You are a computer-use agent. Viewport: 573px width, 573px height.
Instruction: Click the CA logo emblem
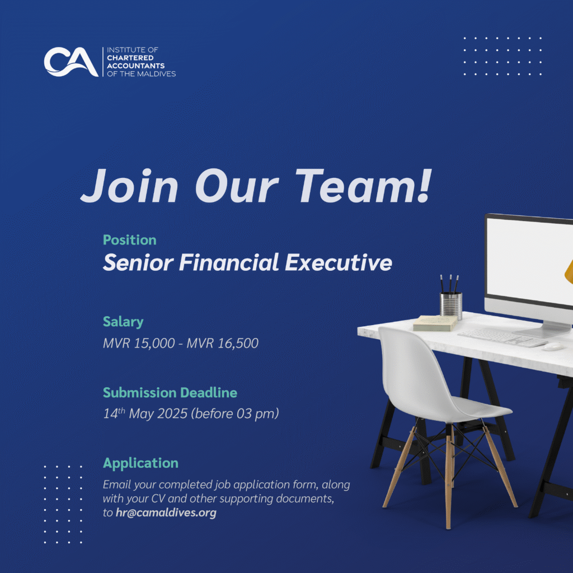71,62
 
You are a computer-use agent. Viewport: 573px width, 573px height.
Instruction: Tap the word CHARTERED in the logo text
130,58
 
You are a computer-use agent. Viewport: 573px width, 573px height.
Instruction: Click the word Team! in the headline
363,186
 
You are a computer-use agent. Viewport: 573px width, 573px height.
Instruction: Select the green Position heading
130,239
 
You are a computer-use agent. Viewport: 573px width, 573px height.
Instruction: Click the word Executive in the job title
339,262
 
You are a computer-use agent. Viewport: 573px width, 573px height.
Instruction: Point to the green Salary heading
123,322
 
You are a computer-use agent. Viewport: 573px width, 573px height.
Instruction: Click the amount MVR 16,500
223,343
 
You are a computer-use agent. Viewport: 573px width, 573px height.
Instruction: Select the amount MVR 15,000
139,343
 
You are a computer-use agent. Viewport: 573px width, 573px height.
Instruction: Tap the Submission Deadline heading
170,392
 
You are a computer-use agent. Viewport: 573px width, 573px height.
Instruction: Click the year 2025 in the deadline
172,414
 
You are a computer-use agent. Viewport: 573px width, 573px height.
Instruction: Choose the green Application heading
140,463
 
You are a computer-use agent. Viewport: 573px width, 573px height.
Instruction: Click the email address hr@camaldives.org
166,513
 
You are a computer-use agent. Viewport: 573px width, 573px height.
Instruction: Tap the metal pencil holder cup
450,306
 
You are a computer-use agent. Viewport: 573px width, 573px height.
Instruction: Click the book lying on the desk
435,323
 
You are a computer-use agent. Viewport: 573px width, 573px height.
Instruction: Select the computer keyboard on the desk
503,337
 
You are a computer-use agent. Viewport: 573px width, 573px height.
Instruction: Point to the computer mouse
553,346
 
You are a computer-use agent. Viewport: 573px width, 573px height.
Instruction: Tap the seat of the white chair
475,411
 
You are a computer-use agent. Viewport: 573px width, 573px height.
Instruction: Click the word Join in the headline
130,186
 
